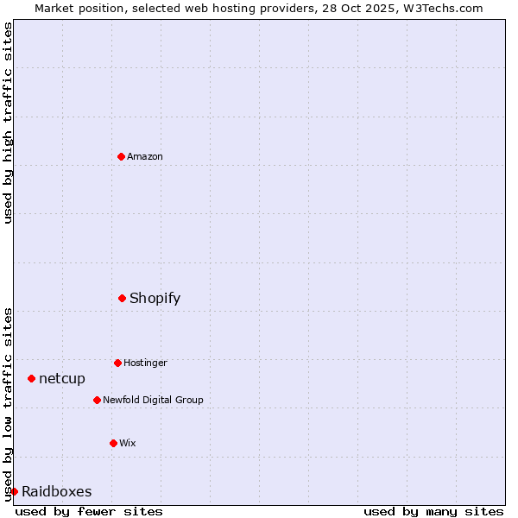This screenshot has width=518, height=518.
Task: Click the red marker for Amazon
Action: [121, 156]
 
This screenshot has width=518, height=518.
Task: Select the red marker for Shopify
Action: [122, 298]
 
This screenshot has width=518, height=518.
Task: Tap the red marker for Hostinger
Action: [117, 363]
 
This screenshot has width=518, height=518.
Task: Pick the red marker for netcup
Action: [31, 378]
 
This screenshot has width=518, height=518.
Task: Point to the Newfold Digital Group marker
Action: [97, 400]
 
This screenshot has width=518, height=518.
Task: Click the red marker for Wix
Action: [113, 443]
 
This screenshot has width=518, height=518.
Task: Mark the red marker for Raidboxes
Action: [14, 491]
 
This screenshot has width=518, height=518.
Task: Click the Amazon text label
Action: [145, 156]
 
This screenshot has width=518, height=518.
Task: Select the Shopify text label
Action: [155, 298]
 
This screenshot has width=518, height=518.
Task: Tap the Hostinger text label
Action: [145, 363]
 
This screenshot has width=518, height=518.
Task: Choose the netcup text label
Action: [62, 378]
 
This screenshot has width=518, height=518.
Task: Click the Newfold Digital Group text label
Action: [153, 400]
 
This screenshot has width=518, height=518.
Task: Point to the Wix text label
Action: [128, 443]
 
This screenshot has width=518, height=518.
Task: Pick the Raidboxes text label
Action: [57, 491]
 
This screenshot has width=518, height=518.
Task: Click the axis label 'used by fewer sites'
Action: [89, 511]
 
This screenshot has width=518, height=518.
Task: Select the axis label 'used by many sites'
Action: [433, 511]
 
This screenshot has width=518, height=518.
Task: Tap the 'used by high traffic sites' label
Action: [8, 123]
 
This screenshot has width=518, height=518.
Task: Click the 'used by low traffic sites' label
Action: [8, 404]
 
